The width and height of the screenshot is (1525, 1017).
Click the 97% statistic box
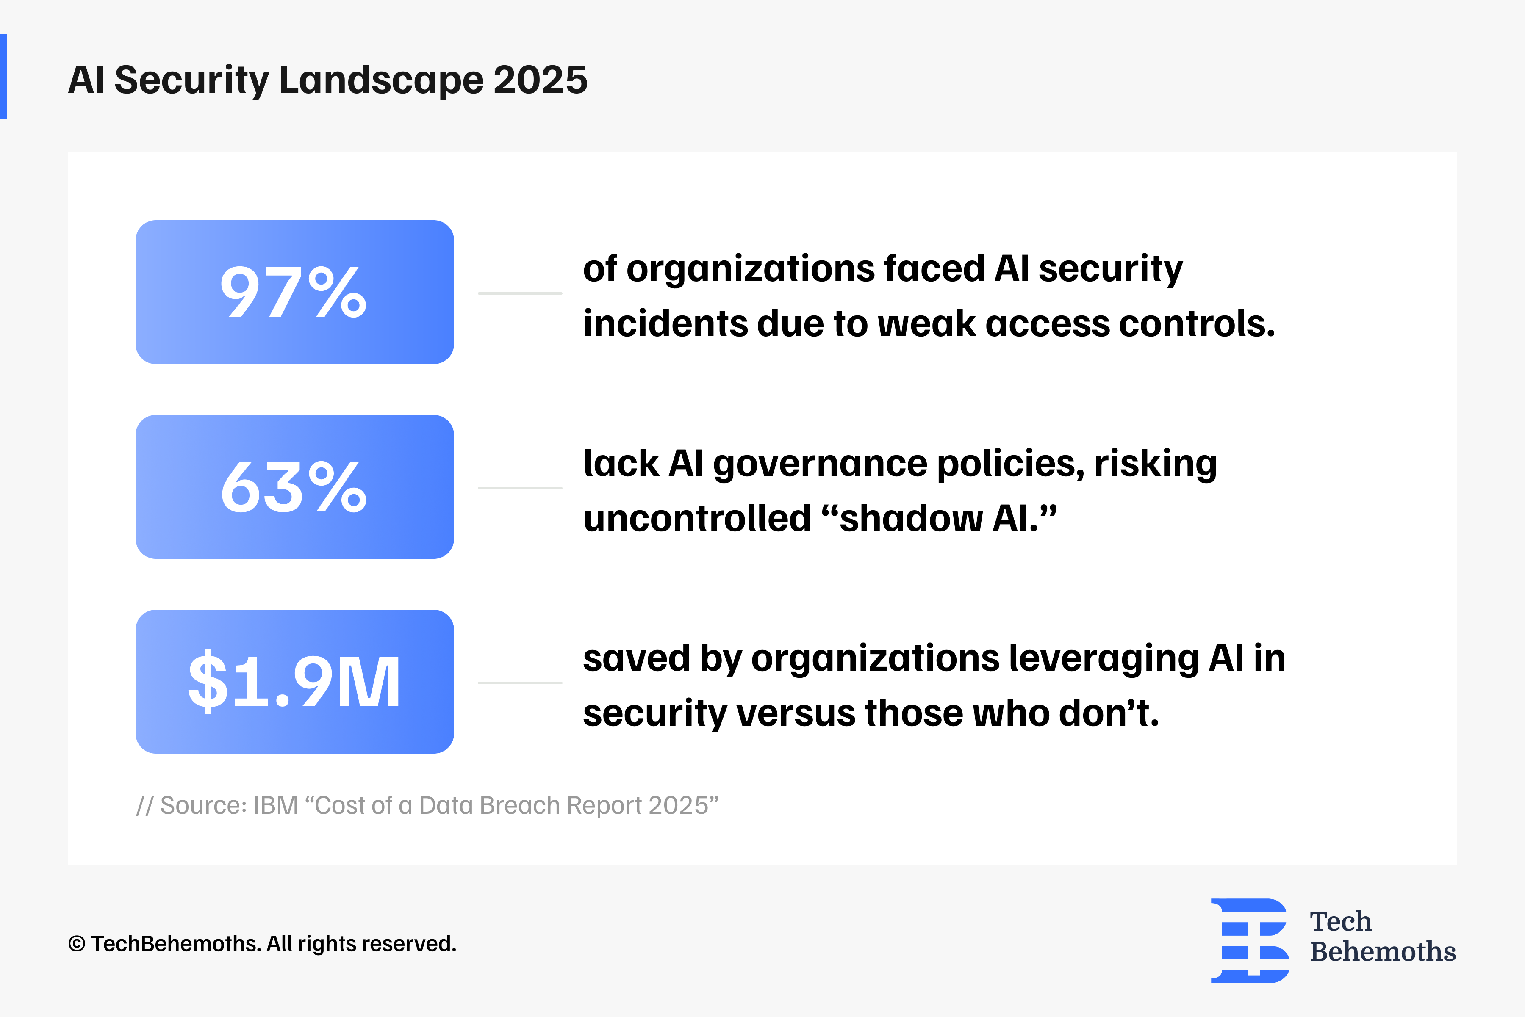click(294, 292)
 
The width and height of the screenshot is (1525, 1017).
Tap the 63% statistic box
click(294, 486)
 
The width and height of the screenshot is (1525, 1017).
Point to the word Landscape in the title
click(381, 81)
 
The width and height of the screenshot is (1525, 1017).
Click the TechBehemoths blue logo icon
click(1249, 940)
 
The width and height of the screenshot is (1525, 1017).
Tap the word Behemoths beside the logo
click(1382, 951)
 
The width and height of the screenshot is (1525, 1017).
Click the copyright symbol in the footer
click(77, 944)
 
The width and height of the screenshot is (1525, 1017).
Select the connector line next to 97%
click(520, 293)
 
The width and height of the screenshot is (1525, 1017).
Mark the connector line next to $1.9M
click(520, 683)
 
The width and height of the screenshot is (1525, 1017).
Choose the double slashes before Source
click(144, 806)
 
